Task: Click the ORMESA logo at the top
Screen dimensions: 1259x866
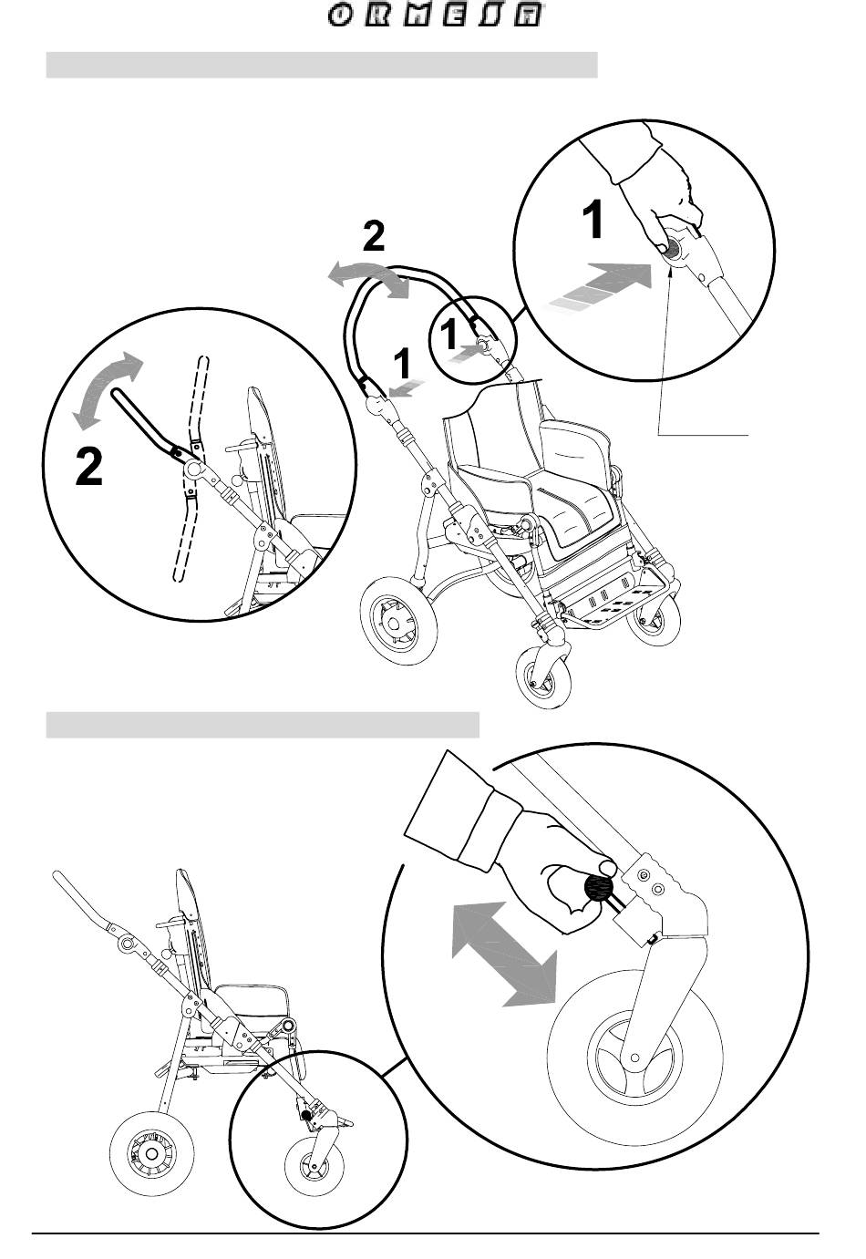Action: (x=433, y=17)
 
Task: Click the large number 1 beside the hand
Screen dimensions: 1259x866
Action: (x=593, y=221)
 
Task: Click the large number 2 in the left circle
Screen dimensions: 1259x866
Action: (x=89, y=469)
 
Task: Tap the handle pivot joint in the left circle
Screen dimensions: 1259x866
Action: (x=193, y=468)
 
